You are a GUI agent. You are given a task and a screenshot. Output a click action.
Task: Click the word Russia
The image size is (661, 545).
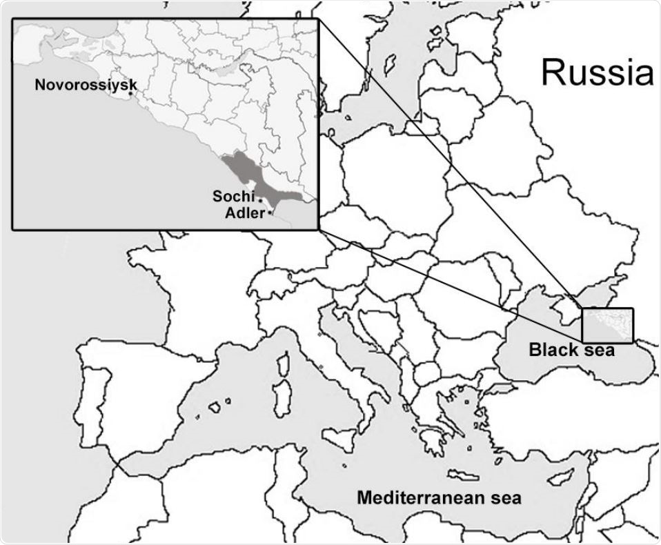click(x=597, y=72)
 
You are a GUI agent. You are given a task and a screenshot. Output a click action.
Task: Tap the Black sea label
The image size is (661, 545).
click(x=572, y=350)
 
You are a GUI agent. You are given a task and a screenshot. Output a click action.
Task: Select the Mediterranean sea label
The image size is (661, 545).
click(x=439, y=497)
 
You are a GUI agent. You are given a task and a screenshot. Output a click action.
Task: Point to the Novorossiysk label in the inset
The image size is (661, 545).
click(x=85, y=85)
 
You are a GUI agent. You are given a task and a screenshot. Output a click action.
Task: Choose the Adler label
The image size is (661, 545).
click(x=245, y=212)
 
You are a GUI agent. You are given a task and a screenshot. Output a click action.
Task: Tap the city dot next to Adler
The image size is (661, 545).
click(x=269, y=213)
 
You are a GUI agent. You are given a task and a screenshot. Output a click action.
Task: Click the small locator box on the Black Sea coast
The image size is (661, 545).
click(x=607, y=325)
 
